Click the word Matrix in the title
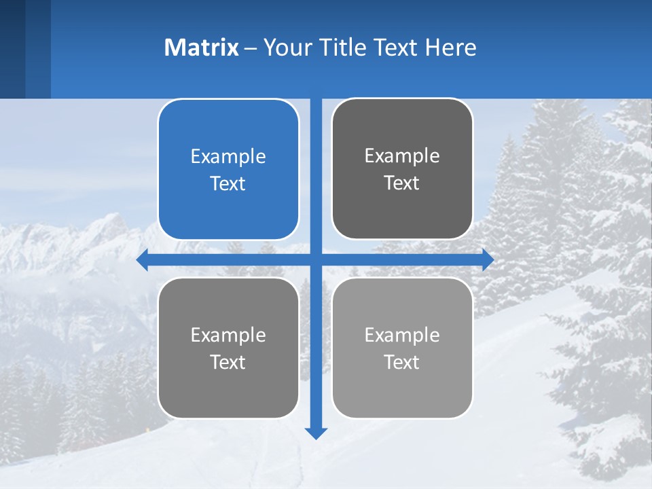point(201,48)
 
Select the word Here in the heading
point(450,48)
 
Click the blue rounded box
point(228,170)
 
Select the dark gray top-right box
point(402,169)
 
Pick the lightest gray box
point(402,348)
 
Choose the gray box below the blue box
point(228,348)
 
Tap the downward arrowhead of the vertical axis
point(316,433)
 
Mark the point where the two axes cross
point(316,259)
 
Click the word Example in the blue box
point(228,156)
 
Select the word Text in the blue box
point(228,183)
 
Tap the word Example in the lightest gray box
point(402,335)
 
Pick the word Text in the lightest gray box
point(402,362)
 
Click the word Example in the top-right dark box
point(402,156)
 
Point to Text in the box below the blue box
point(228,362)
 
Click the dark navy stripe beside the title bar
point(12,49)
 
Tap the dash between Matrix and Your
point(251,49)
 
